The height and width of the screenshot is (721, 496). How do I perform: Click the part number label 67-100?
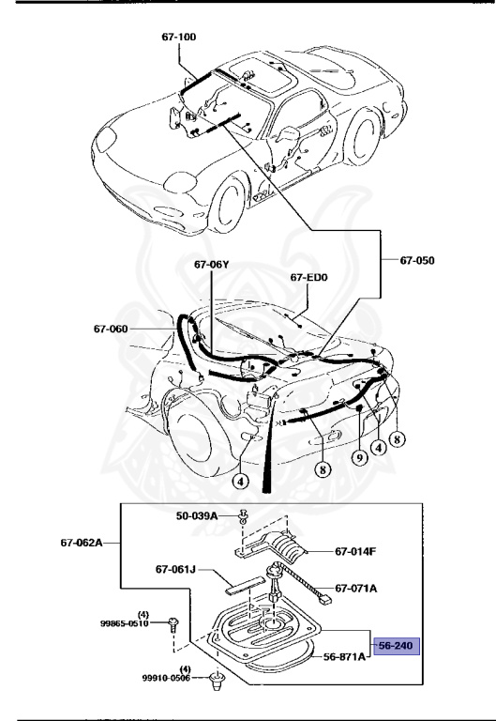point(177,38)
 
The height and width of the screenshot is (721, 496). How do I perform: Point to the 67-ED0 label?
point(309,279)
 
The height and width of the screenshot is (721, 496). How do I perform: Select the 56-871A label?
point(343,657)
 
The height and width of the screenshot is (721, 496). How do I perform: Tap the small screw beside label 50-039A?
point(244,516)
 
